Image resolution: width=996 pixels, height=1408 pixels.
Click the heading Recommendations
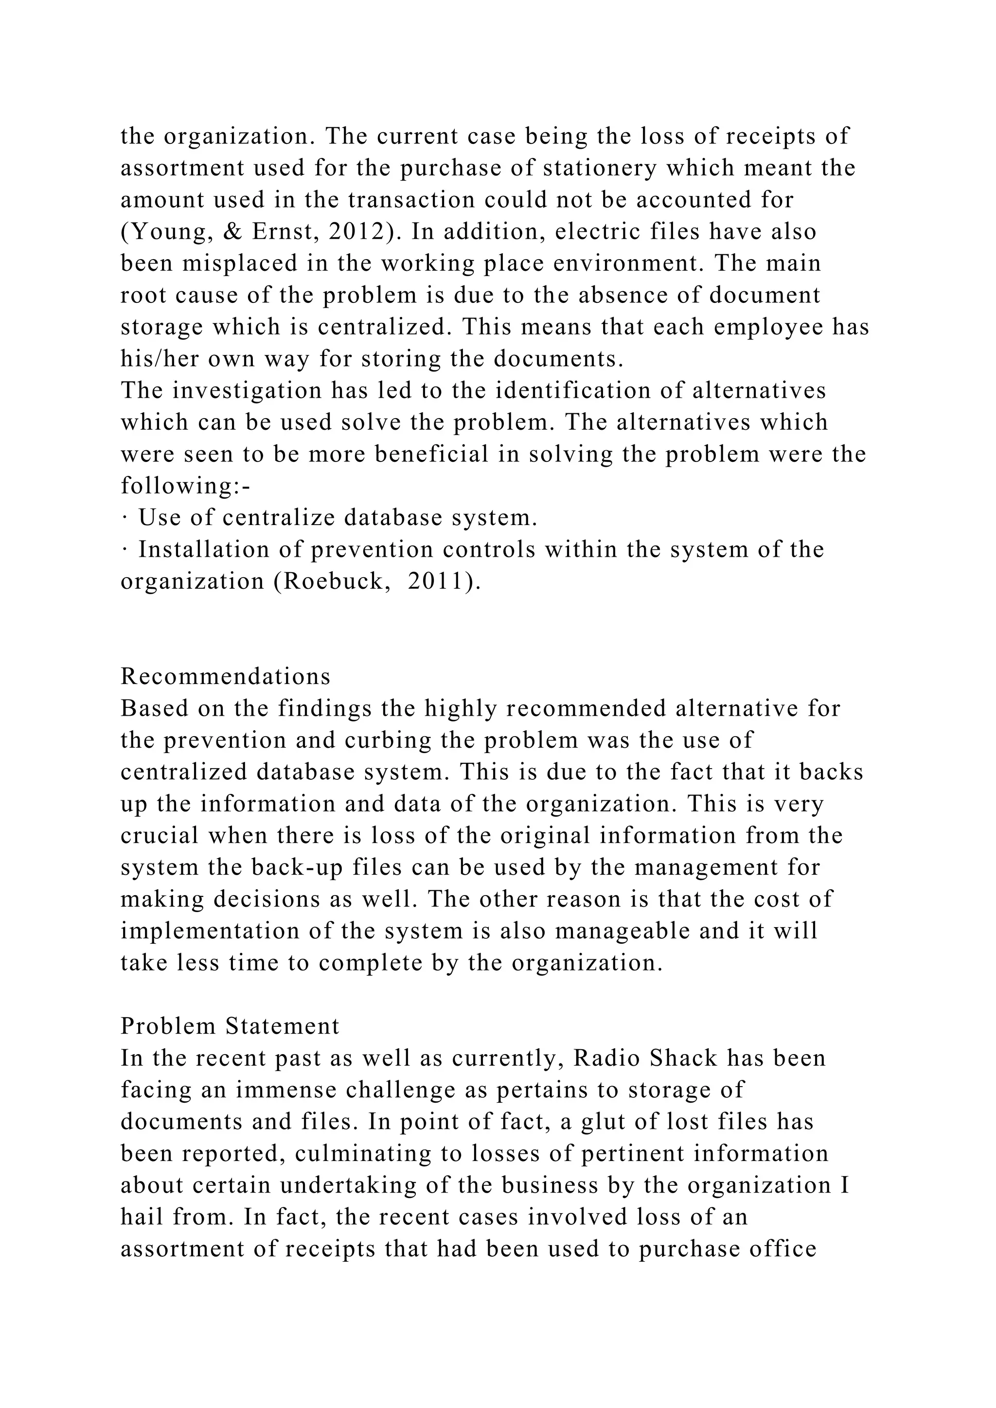tap(225, 676)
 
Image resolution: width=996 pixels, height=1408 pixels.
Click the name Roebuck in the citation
tap(333, 581)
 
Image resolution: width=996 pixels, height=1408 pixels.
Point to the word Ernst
tap(285, 232)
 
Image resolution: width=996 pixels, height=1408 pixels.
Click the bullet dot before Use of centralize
tap(124, 518)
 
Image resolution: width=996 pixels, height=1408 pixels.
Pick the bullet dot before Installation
tap(124, 550)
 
